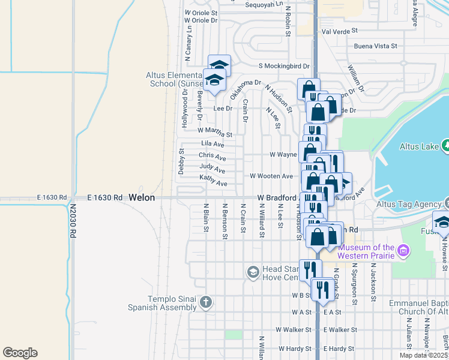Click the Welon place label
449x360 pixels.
pyautogui.click(x=142, y=197)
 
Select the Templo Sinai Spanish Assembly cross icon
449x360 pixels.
pyautogui.click(x=206, y=302)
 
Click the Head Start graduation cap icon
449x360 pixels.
pyautogui.click(x=253, y=273)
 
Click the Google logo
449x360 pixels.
pyautogui.click(x=20, y=353)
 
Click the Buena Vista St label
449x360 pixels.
pyautogui.click(x=375, y=46)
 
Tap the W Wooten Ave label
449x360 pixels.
pyautogui.click(x=271, y=176)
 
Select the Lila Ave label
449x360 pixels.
pyautogui.click(x=212, y=144)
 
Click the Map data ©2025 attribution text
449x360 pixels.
pyautogui.click(x=424, y=355)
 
